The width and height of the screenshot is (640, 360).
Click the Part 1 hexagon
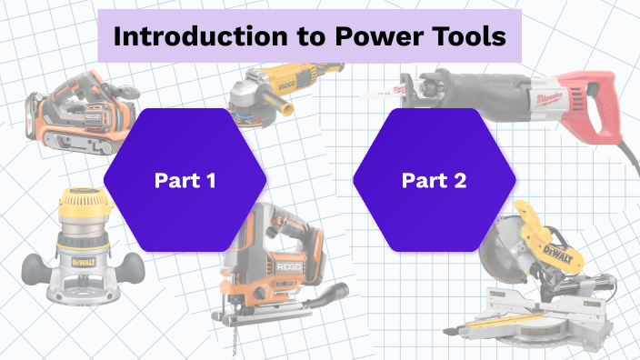185,180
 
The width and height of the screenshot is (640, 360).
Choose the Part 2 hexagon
434,180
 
